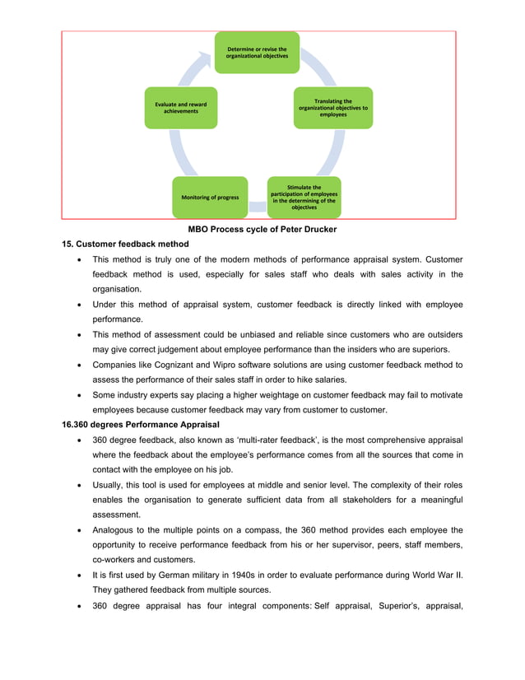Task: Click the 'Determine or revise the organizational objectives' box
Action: point(257,53)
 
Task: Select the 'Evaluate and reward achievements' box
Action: point(181,108)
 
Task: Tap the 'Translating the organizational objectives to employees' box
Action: point(333,108)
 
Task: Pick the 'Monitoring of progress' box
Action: point(210,198)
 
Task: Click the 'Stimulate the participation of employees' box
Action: point(304,198)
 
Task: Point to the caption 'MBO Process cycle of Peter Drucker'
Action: point(262,229)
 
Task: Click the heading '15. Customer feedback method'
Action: point(125,245)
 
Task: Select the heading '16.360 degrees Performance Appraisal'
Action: point(141,425)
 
